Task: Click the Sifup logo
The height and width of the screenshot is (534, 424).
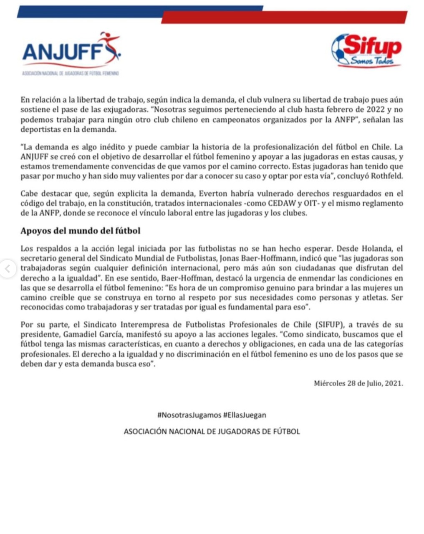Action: [x=367, y=50]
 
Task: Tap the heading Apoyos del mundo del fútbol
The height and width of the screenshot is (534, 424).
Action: [x=81, y=231]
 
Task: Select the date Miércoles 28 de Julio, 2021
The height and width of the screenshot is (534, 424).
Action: [x=358, y=383]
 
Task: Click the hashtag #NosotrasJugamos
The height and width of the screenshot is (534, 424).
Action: [x=189, y=415]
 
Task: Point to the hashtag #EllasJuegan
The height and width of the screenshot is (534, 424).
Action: [x=245, y=415]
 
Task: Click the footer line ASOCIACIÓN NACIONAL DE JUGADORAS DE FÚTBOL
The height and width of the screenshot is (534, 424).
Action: [x=212, y=431]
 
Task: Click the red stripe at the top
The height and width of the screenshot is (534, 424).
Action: [x=284, y=18]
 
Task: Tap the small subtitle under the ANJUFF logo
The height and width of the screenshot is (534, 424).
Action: [x=71, y=73]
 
